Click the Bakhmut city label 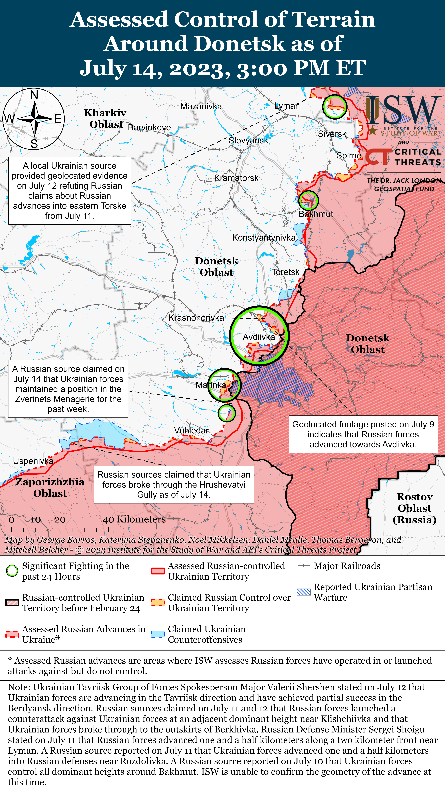316,214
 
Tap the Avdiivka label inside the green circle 259,337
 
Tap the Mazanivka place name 201,106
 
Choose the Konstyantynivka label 264,238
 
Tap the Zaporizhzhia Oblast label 50,487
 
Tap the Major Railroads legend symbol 304,566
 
